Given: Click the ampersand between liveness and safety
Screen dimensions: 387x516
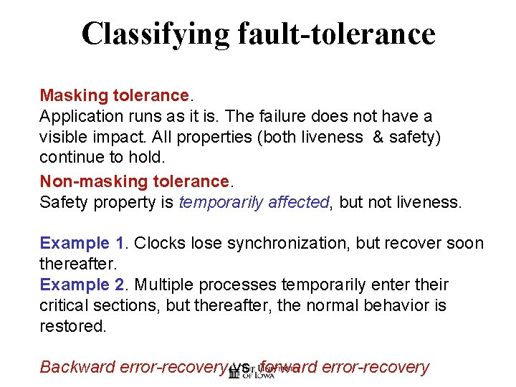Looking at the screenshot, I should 377,137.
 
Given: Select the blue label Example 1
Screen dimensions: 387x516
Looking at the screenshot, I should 84,243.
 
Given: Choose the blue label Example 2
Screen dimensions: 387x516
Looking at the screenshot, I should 84,285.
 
